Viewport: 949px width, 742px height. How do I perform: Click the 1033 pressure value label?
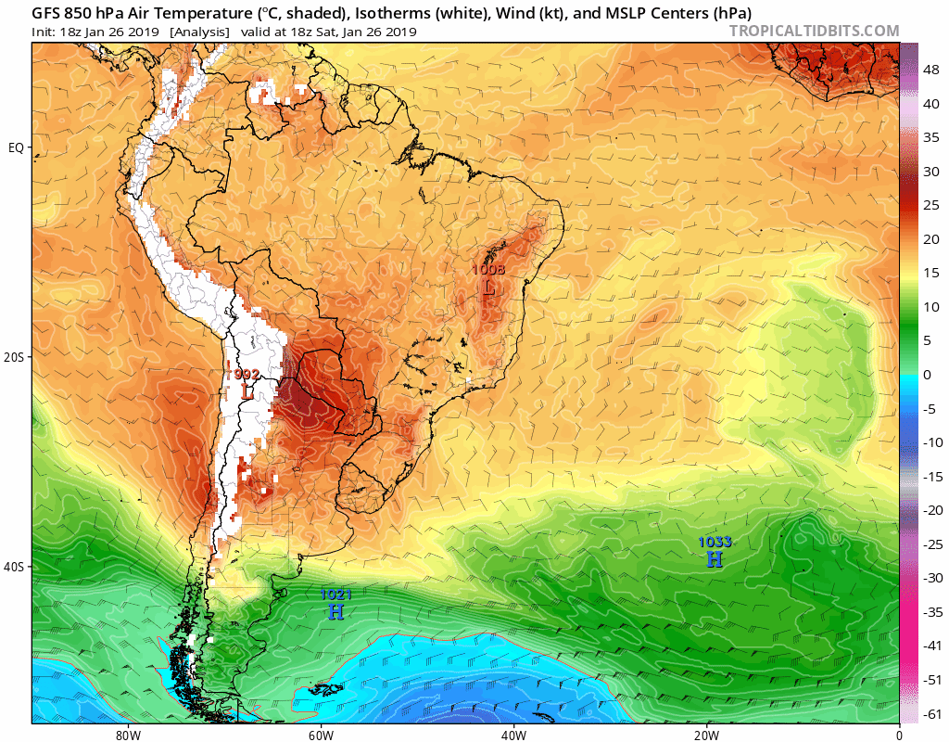(715, 542)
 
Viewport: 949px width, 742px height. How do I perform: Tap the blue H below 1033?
(715, 559)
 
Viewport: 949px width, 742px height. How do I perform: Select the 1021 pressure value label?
(335, 595)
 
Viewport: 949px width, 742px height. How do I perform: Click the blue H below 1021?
(335, 612)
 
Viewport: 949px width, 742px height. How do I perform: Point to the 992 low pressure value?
(247, 374)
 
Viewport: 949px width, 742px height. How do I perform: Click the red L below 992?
(247, 392)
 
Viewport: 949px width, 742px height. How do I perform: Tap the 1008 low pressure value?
(488, 270)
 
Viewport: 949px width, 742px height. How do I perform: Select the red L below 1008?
(488, 288)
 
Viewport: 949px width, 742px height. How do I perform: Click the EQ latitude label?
(16, 147)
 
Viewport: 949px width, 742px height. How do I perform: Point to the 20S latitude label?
(14, 357)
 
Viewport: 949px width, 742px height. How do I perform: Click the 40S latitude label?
(14, 567)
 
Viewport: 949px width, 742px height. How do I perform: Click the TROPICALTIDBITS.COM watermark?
(814, 31)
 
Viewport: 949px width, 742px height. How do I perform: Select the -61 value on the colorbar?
(930, 713)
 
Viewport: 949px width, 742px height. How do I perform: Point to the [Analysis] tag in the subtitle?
(199, 32)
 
